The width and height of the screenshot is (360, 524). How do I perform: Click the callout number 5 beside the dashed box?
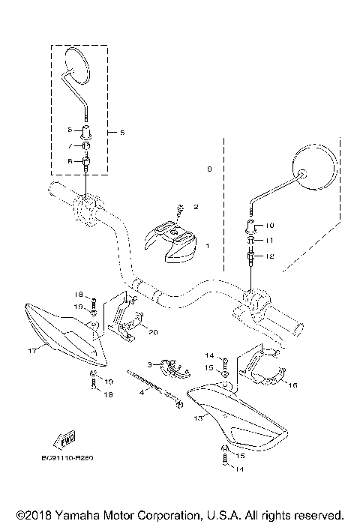coord(122,133)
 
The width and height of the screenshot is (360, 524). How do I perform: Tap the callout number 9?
coord(209,170)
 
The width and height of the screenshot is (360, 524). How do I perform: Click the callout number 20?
coord(154,332)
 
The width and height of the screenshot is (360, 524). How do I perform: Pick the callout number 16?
coord(292,385)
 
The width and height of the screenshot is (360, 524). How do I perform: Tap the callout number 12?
coord(271,257)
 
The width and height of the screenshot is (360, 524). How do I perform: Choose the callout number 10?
coord(271,225)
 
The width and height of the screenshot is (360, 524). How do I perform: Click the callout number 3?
coord(149,364)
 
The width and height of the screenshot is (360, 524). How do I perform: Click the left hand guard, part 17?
coord(64,330)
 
